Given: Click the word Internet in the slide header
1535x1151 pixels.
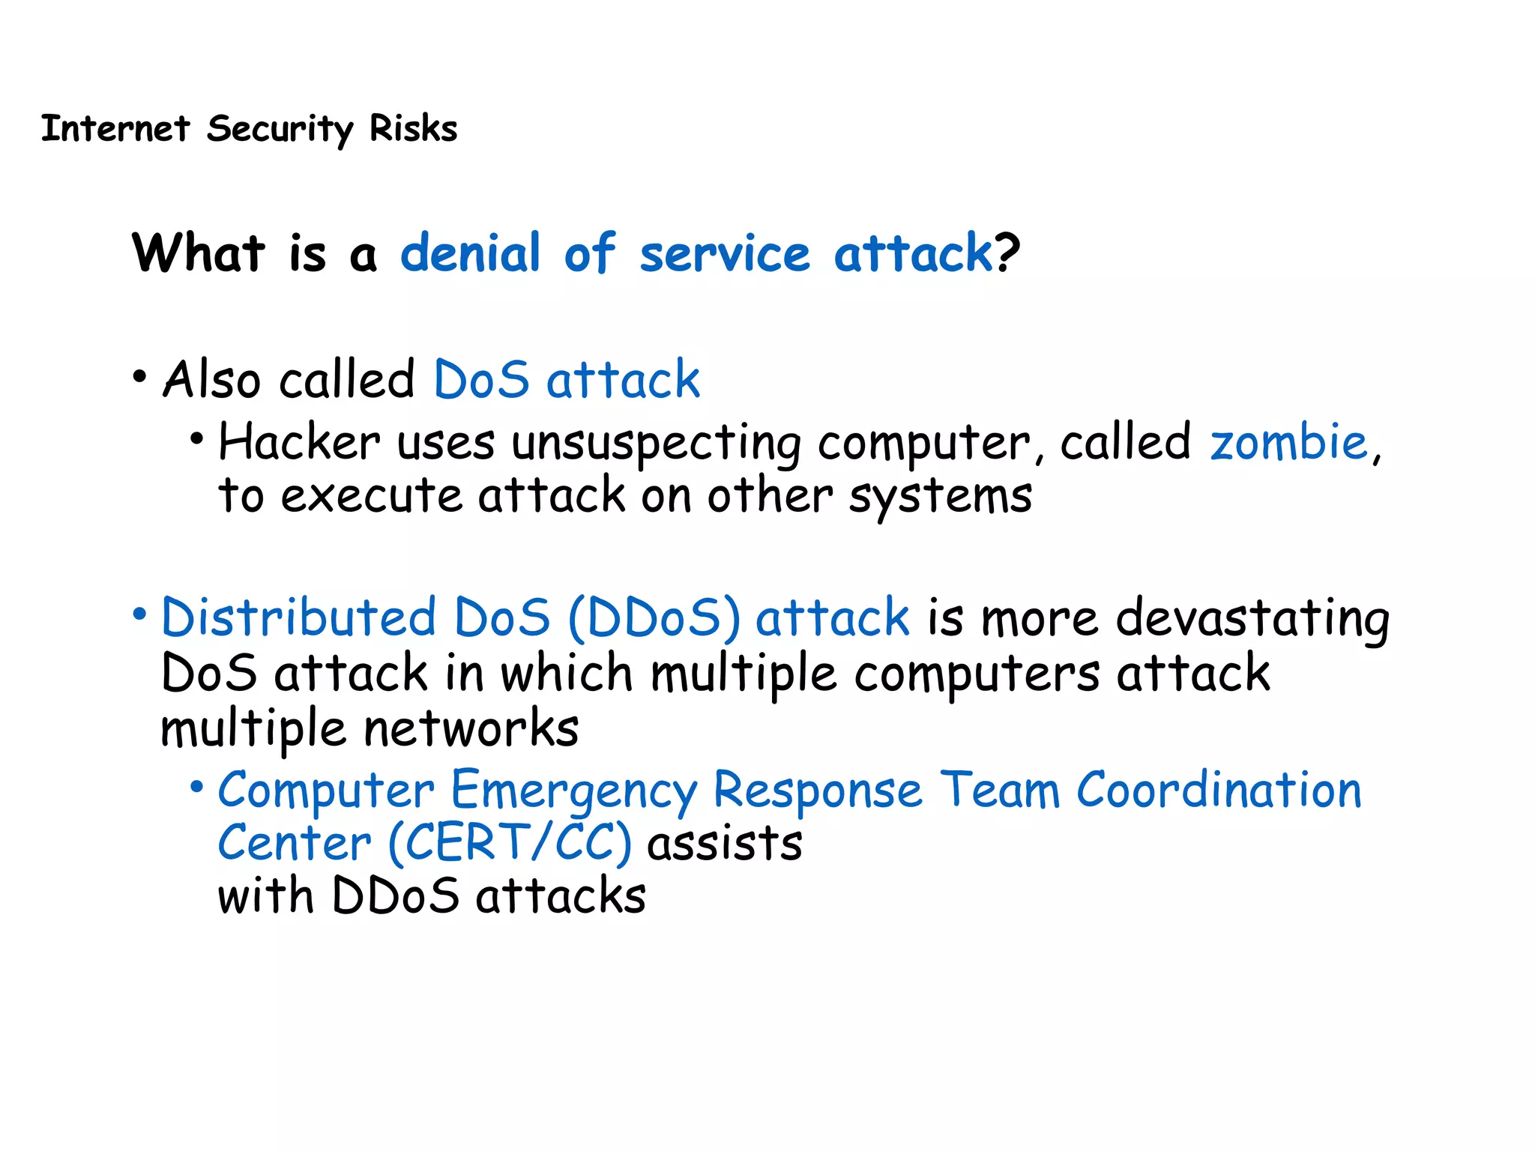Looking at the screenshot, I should click(x=115, y=128).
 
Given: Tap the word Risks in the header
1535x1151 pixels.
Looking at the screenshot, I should click(x=413, y=128).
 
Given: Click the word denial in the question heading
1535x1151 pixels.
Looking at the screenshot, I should click(x=470, y=253).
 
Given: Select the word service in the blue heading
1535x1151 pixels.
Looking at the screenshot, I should click(x=724, y=253).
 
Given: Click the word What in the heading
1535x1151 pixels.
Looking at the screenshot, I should click(x=199, y=253).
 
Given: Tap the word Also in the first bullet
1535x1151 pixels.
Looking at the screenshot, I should click(x=212, y=379).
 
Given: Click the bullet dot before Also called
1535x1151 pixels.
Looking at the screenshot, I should click(x=139, y=377).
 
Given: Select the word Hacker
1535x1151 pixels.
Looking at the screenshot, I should click(x=299, y=441).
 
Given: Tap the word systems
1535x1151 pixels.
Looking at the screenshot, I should click(x=940, y=497).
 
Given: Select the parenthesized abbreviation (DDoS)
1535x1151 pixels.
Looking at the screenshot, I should click(x=654, y=619).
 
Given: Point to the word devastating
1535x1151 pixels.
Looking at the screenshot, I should click(x=1252, y=619).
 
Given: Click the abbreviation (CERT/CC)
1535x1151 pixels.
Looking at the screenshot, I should click(x=510, y=844).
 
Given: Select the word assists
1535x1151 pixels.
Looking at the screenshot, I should click(x=725, y=844).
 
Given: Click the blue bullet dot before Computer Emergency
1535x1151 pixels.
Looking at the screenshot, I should click(x=196, y=787).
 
